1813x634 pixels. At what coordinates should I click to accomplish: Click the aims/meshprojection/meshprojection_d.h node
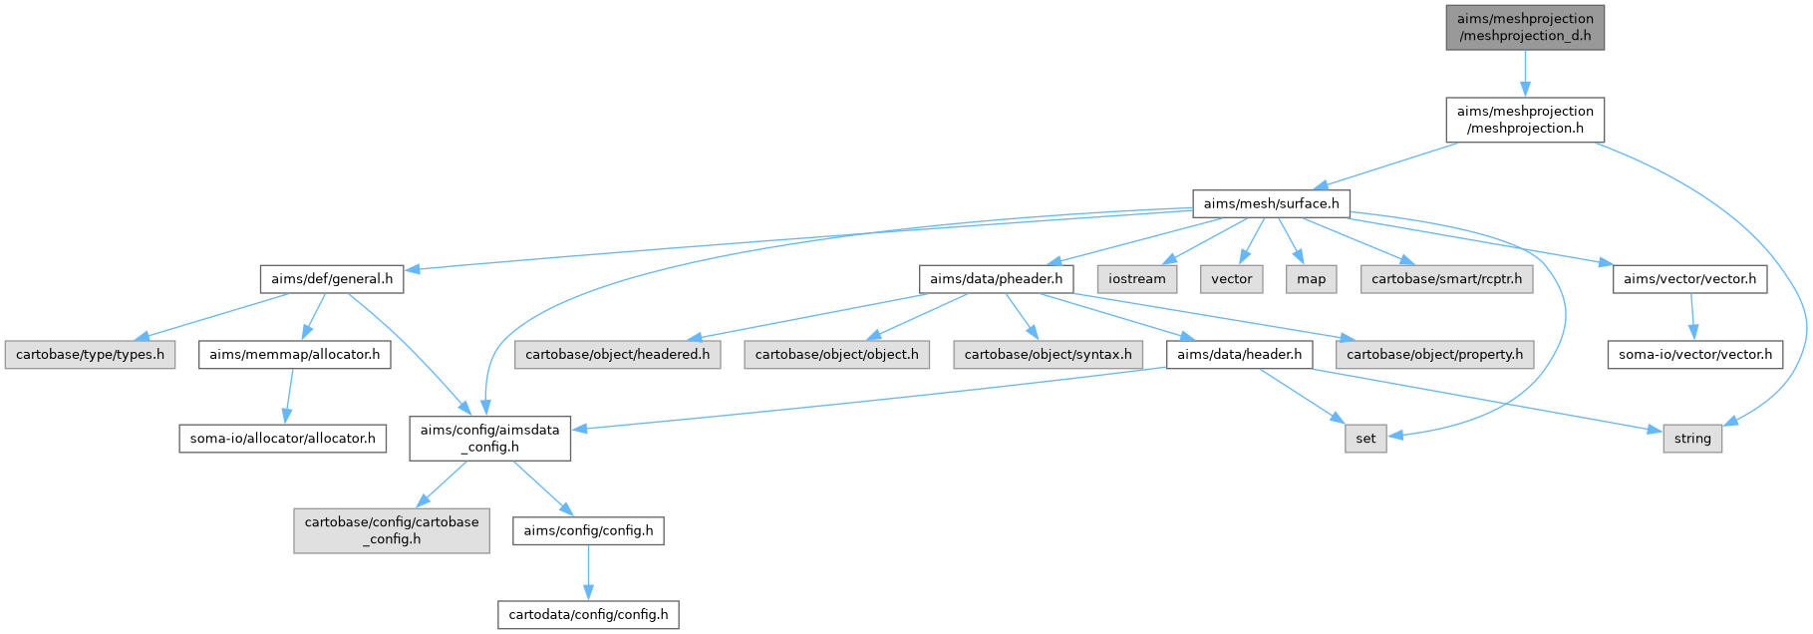[1525, 27]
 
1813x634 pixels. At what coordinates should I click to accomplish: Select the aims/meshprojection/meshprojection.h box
[1525, 120]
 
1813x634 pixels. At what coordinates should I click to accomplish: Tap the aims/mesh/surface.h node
[1271, 203]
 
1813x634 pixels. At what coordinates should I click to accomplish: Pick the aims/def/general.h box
[332, 279]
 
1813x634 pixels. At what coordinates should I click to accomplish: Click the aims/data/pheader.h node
[996, 279]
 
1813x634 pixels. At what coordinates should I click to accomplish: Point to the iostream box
[1136, 279]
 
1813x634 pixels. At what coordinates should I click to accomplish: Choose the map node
[1311, 279]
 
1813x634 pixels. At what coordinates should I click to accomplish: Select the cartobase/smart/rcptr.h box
[1446, 279]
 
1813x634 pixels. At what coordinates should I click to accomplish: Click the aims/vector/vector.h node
[1689, 279]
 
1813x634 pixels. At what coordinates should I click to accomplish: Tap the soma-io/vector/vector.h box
[1695, 355]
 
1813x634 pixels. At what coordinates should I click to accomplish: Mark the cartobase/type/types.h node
[90, 355]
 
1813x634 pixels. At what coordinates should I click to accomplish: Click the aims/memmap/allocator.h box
[294, 355]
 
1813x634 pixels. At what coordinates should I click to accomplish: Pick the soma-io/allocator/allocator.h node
[282, 439]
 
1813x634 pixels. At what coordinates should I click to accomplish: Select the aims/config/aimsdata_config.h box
[490, 439]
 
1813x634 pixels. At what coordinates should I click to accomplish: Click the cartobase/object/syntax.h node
[1048, 355]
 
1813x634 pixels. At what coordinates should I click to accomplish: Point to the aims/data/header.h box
[1239, 355]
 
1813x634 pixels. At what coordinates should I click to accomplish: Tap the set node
[1365, 439]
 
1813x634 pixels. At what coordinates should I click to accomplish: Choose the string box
[1692, 439]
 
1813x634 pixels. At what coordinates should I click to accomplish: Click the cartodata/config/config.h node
[588, 614]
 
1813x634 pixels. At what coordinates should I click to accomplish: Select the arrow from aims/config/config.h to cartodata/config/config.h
[588, 572]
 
